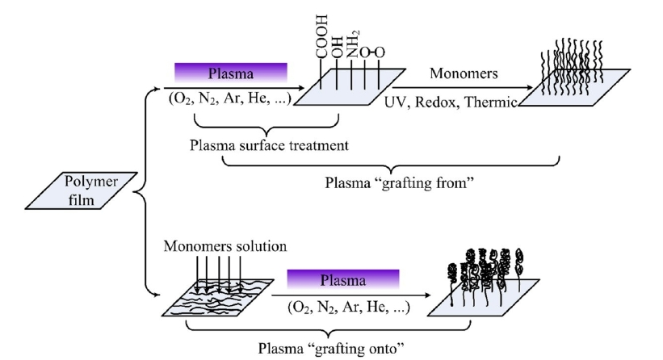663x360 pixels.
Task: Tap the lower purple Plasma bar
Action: tap(343, 279)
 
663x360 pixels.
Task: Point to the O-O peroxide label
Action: tap(371, 52)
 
